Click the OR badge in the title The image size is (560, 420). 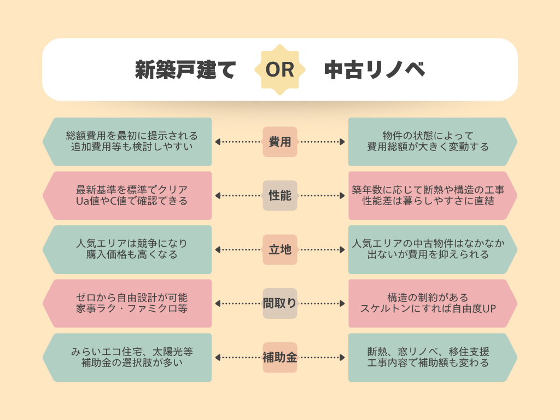click(x=280, y=70)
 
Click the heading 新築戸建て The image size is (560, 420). click(x=185, y=70)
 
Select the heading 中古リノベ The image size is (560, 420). click(x=375, y=70)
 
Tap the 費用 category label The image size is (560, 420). click(x=280, y=142)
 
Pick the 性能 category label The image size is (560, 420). click(x=280, y=195)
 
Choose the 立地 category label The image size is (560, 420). click(x=280, y=249)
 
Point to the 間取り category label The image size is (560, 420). click(x=280, y=304)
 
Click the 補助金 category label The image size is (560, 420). click(x=280, y=358)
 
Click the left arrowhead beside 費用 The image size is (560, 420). click(x=218, y=142)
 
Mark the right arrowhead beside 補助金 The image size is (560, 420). click(x=342, y=358)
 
